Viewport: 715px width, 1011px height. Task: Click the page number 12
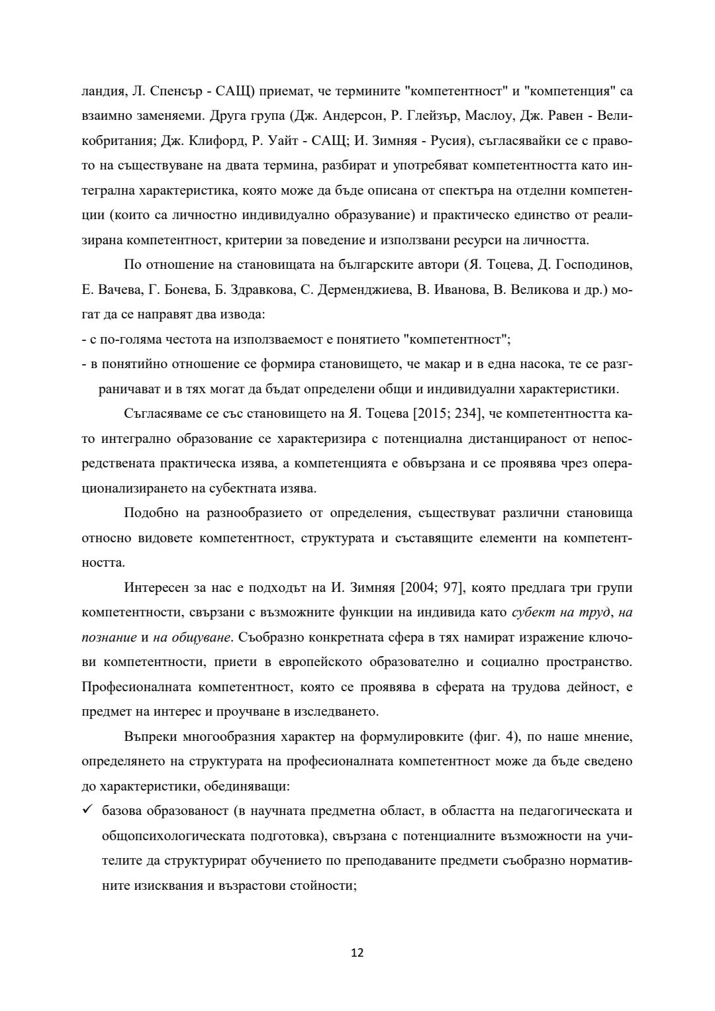pos(357,953)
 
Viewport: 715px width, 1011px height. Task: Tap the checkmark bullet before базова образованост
pos(87,810)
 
